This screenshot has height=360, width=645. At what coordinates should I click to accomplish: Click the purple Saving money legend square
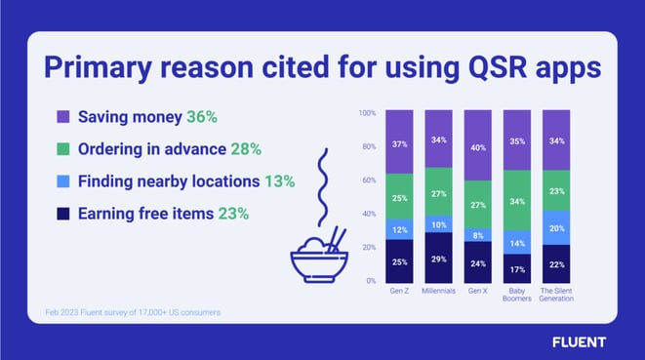[62, 116]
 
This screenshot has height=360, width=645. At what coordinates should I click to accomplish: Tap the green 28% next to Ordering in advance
[246, 149]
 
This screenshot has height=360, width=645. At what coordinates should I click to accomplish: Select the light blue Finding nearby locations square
[62, 181]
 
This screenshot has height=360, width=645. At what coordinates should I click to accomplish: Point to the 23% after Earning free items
[233, 214]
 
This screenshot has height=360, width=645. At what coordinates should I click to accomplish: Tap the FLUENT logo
[579, 342]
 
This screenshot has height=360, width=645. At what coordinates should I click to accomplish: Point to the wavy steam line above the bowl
[323, 187]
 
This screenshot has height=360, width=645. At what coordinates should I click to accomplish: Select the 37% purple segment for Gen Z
[399, 141]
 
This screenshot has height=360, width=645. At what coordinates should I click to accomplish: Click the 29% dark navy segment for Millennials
[438, 258]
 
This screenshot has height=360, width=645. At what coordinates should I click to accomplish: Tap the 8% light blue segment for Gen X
[477, 235]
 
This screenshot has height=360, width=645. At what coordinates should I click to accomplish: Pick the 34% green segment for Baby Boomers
[517, 200]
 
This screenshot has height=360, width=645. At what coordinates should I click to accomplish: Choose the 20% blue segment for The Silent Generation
[556, 228]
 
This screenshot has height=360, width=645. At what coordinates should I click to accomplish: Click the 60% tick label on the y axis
[369, 180]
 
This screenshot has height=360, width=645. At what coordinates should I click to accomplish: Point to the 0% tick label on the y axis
[371, 281]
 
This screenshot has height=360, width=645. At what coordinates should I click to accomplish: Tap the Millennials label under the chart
[438, 291]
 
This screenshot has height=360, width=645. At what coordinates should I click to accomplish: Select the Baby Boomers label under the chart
[517, 295]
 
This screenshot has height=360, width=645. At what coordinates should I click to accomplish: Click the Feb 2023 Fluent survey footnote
[133, 312]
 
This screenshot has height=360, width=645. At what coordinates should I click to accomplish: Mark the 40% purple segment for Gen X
[477, 145]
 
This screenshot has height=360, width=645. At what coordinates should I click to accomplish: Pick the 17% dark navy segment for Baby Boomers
[517, 268]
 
